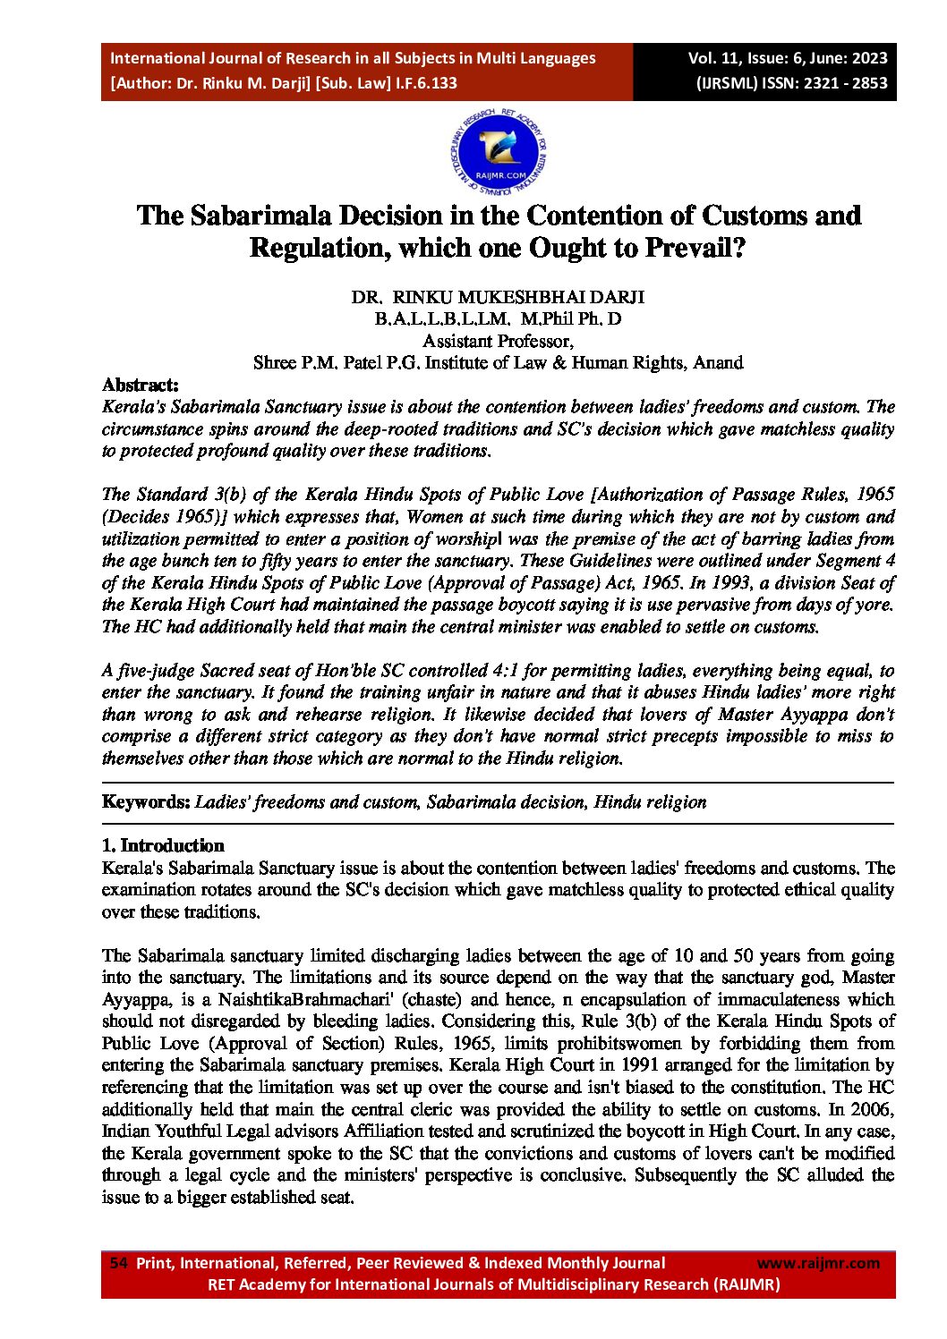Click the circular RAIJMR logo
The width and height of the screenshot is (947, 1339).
coord(499,155)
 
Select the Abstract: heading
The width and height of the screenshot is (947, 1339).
coord(141,386)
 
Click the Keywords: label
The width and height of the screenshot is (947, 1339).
coord(146,802)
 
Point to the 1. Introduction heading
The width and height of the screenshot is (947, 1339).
coord(163,846)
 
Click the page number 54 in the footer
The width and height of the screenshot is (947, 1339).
coord(118,1263)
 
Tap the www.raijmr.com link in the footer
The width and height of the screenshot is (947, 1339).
coord(818,1263)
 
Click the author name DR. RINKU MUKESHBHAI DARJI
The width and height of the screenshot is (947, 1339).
coord(498,298)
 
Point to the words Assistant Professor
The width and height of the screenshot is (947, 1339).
coord(498,341)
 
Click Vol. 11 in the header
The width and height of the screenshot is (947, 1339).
coord(713,59)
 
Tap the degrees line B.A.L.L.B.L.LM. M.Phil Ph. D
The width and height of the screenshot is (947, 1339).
coord(498,319)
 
